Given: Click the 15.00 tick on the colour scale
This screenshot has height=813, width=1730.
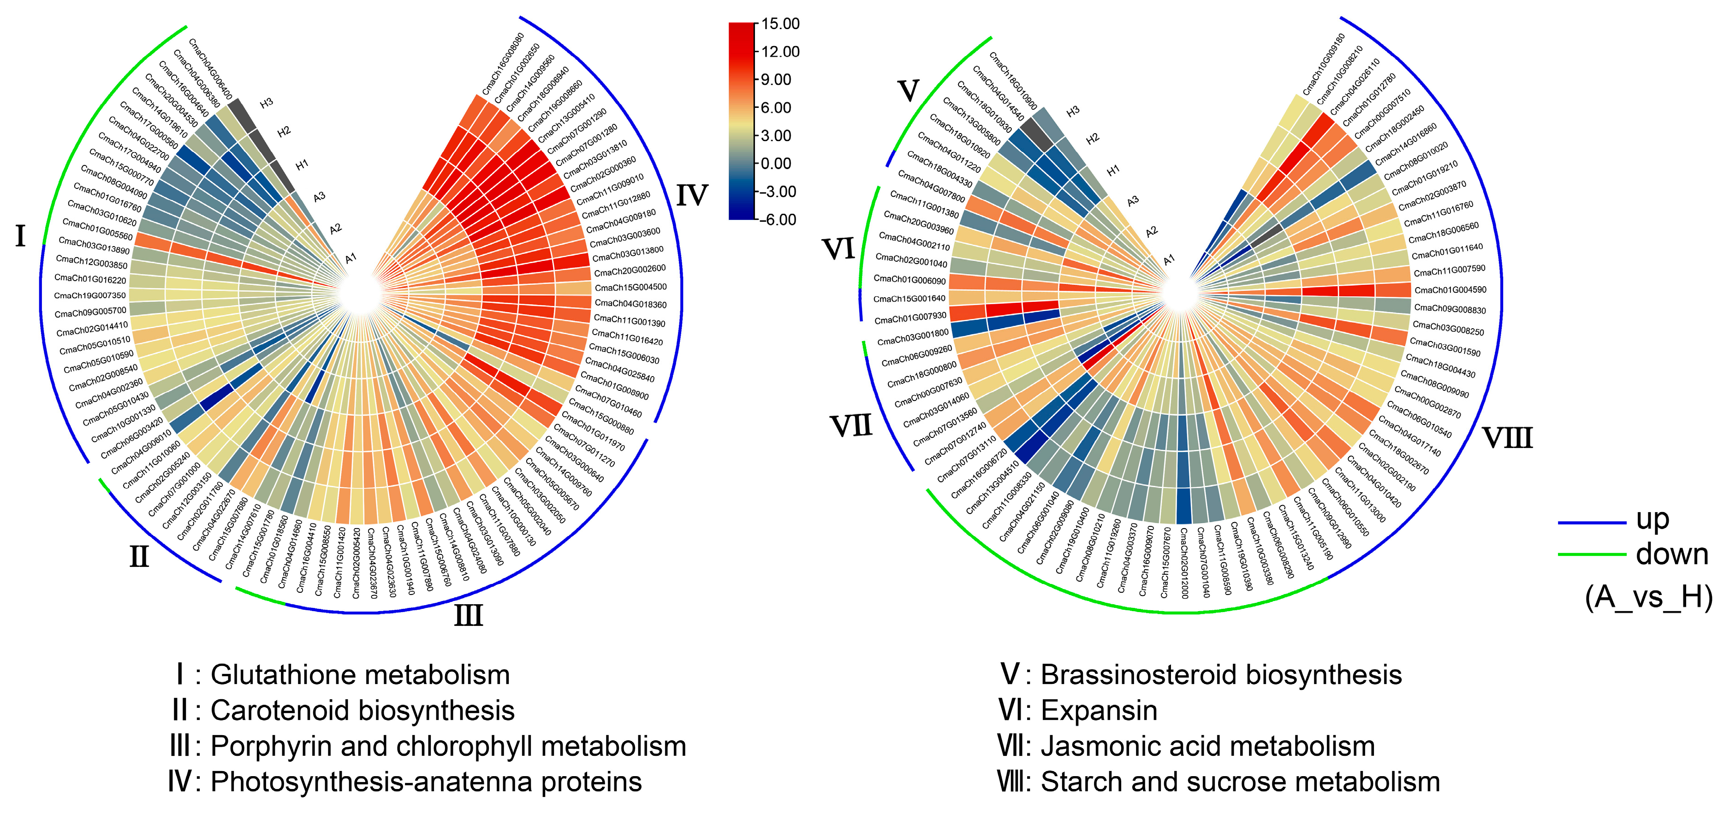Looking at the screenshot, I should click(x=780, y=24).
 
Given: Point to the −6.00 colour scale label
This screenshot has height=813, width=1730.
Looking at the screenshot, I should click(x=778, y=219).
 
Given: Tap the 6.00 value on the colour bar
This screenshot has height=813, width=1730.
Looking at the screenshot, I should click(x=776, y=107).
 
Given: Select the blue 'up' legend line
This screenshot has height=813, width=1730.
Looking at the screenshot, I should click(x=1592, y=522).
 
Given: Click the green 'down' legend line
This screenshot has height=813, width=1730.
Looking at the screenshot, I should click(x=1592, y=554).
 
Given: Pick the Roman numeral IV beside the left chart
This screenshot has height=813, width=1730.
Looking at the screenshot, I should click(x=692, y=195).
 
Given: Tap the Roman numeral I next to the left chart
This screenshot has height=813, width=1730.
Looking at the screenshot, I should click(x=21, y=236).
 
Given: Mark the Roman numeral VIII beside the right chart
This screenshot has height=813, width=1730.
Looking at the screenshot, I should click(x=1508, y=438).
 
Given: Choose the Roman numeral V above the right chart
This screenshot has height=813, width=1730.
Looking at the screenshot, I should click(x=909, y=91).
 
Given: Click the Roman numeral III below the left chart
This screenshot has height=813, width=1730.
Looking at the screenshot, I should click(x=468, y=615).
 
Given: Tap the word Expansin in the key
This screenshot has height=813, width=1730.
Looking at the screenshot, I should click(x=1099, y=710).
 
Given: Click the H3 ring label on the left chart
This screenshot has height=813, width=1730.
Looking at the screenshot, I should click(x=267, y=103).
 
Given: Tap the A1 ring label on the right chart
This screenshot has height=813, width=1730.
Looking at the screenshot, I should click(x=1169, y=259).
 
